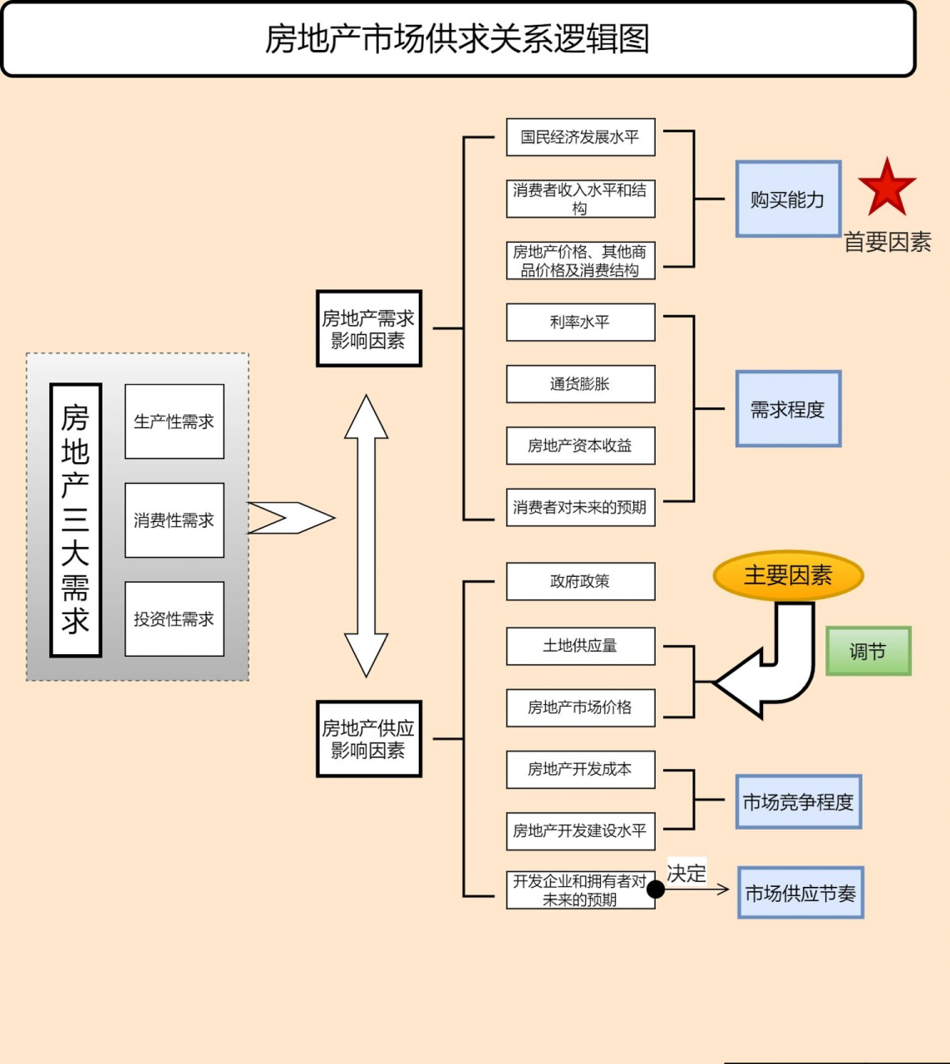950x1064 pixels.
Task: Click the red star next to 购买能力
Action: (887, 188)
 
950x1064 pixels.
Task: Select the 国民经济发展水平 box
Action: (580, 137)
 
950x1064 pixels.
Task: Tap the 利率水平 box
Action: (580, 323)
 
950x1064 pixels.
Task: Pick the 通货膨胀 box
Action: (580, 384)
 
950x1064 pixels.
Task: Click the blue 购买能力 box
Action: (788, 199)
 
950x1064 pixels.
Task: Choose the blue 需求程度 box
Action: (788, 409)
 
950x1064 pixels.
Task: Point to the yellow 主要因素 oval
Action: (788, 575)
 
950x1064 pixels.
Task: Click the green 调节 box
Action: (868, 651)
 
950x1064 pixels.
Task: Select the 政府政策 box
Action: (580, 582)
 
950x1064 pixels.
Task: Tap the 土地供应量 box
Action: (580, 646)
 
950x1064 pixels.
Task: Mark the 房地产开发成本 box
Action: (580, 769)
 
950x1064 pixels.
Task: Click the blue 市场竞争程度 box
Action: (798, 802)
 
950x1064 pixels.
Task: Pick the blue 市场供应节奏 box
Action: (800, 893)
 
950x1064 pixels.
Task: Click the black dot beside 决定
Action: (656, 889)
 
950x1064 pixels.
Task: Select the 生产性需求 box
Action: (174, 421)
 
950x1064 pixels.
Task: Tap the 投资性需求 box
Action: (174, 619)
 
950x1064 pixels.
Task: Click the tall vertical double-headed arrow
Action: (366, 536)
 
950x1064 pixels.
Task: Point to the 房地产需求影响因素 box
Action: (368, 329)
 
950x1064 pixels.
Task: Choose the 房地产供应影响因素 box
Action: (368, 739)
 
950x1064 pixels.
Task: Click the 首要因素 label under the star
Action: (887, 243)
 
